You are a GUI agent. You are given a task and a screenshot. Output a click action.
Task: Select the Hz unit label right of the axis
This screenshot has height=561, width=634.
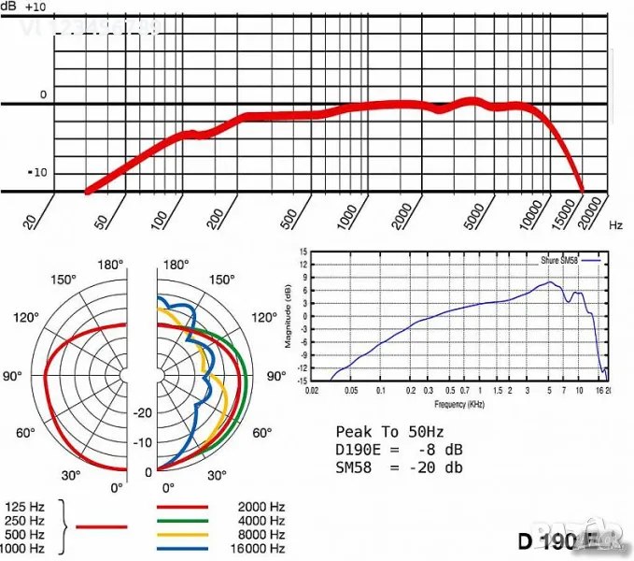[615, 225]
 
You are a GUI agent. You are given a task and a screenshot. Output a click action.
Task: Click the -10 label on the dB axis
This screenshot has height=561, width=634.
[36, 173]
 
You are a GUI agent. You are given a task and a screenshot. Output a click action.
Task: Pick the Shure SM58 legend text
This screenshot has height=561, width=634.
[559, 260]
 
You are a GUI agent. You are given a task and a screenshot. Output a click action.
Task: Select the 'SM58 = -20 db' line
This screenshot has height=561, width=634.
[399, 467]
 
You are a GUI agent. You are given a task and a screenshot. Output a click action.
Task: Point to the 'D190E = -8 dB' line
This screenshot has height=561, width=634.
[399, 450]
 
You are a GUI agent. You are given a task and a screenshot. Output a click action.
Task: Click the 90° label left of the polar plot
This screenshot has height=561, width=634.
[13, 376]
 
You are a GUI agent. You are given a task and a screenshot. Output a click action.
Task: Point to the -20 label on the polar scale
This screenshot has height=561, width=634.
[142, 412]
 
